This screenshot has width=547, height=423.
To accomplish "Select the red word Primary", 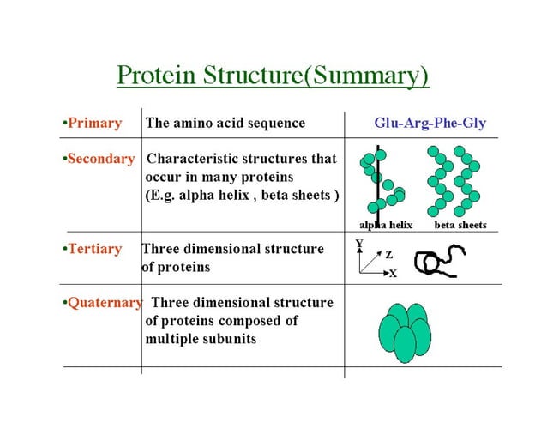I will pos(93,123).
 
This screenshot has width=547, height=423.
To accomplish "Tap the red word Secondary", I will pos(100,159).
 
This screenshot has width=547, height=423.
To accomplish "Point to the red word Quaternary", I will pos(104,303).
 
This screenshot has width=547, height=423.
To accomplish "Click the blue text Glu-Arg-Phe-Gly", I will pos(430,123).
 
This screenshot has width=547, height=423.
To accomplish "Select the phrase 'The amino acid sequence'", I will pos(225,123).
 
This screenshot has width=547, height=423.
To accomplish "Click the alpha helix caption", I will pos(385,225).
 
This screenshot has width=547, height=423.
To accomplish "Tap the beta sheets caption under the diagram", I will pos(460,225).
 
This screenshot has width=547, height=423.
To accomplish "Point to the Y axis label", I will pos(359,244).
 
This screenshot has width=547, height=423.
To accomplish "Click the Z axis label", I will pos(388,255).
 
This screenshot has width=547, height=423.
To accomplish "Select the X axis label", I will pos(393,274).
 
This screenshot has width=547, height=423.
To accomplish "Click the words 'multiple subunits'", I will pos(201,339).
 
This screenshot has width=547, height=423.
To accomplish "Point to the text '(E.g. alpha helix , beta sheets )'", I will pos(242,195).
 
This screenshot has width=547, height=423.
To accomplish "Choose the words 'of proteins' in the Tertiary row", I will pos(176,267).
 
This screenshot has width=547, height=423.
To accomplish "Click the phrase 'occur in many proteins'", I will pos(219,177).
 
